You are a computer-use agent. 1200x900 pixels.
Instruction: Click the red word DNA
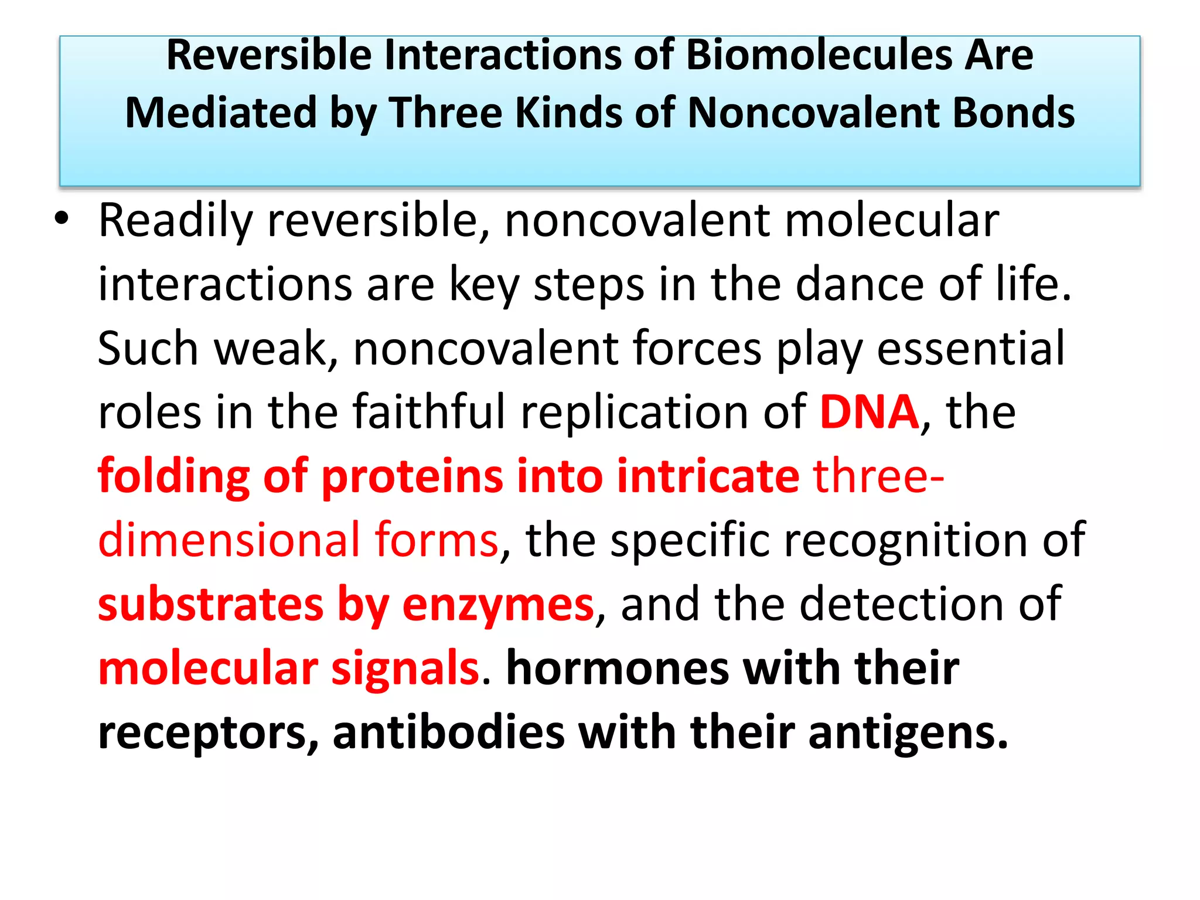(869, 412)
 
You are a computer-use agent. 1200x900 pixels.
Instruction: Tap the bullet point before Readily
(61, 219)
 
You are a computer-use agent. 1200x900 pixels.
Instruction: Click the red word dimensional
(229, 540)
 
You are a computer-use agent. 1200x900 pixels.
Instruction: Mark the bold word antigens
(908, 734)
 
